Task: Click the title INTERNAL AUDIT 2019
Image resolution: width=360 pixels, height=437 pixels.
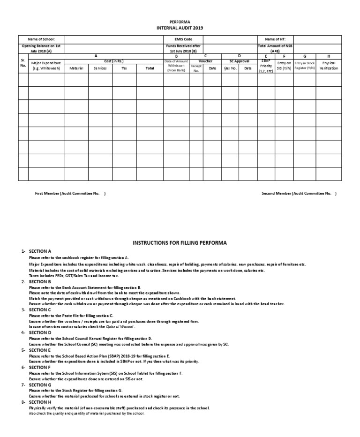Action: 180,28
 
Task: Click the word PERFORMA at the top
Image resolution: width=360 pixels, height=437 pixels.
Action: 180,22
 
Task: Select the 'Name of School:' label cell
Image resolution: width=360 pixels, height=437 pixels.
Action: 41,39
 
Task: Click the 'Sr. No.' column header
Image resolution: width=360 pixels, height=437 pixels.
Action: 23,63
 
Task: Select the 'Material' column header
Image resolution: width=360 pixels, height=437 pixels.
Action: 76,68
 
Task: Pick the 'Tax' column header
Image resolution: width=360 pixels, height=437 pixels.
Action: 124,68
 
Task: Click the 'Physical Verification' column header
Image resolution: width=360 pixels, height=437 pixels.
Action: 328,66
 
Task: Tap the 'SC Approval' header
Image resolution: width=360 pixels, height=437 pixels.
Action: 239,61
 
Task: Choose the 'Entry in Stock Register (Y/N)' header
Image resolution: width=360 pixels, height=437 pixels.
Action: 305,66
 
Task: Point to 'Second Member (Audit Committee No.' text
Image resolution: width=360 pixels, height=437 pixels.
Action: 298,193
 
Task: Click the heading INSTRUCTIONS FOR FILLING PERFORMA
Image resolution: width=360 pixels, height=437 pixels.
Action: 180,243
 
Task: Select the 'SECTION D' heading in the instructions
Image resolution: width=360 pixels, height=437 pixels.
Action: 40,332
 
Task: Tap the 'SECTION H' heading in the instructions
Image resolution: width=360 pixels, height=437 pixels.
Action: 40,402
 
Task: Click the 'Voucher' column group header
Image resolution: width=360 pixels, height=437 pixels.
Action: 205,61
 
